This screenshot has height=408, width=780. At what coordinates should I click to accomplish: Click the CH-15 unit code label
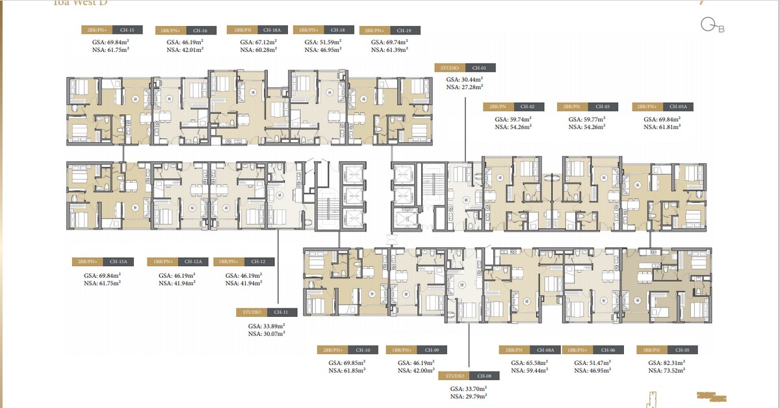tap(127, 30)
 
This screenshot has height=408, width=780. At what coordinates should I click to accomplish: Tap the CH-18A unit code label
tap(272, 30)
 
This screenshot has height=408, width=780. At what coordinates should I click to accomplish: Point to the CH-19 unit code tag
tap(404, 31)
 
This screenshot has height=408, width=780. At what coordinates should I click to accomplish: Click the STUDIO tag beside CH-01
tap(450, 67)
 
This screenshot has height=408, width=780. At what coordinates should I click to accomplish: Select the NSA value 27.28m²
tap(463, 86)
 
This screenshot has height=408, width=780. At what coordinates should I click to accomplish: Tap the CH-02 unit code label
tap(527, 106)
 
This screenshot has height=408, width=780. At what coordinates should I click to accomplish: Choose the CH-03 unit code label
tap(603, 106)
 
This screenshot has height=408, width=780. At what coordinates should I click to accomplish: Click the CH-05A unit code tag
tap(678, 106)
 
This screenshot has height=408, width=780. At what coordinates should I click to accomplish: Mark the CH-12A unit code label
tap(193, 262)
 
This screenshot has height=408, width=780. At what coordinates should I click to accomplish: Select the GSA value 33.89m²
tap(266, 326)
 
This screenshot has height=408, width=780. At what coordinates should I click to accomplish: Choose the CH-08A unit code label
tap(545, 349)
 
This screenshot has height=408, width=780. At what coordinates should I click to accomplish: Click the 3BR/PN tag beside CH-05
tap(651, 349)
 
